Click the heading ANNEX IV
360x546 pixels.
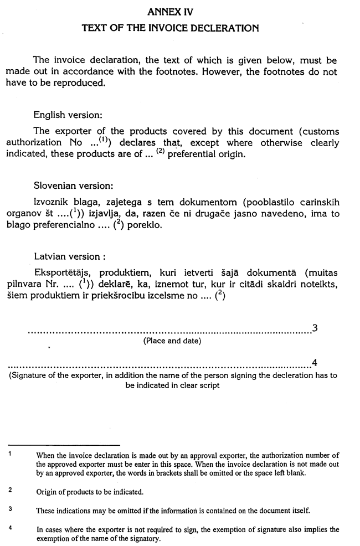[171, 10]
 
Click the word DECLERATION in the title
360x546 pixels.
[222, 27]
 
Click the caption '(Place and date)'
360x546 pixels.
[172, 341]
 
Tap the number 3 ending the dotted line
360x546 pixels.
[315, 328]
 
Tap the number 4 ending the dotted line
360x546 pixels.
[315, 363]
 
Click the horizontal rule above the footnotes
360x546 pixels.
[64, 445]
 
